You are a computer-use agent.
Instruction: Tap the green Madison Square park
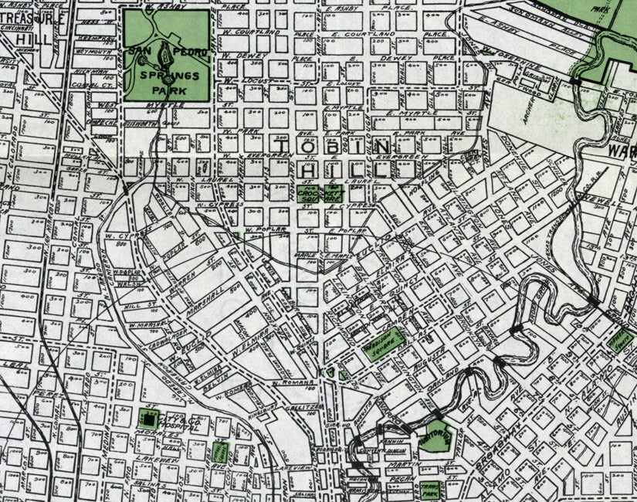click(x=384, y=341)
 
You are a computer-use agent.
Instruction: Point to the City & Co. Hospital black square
click(x=146, y=418)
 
